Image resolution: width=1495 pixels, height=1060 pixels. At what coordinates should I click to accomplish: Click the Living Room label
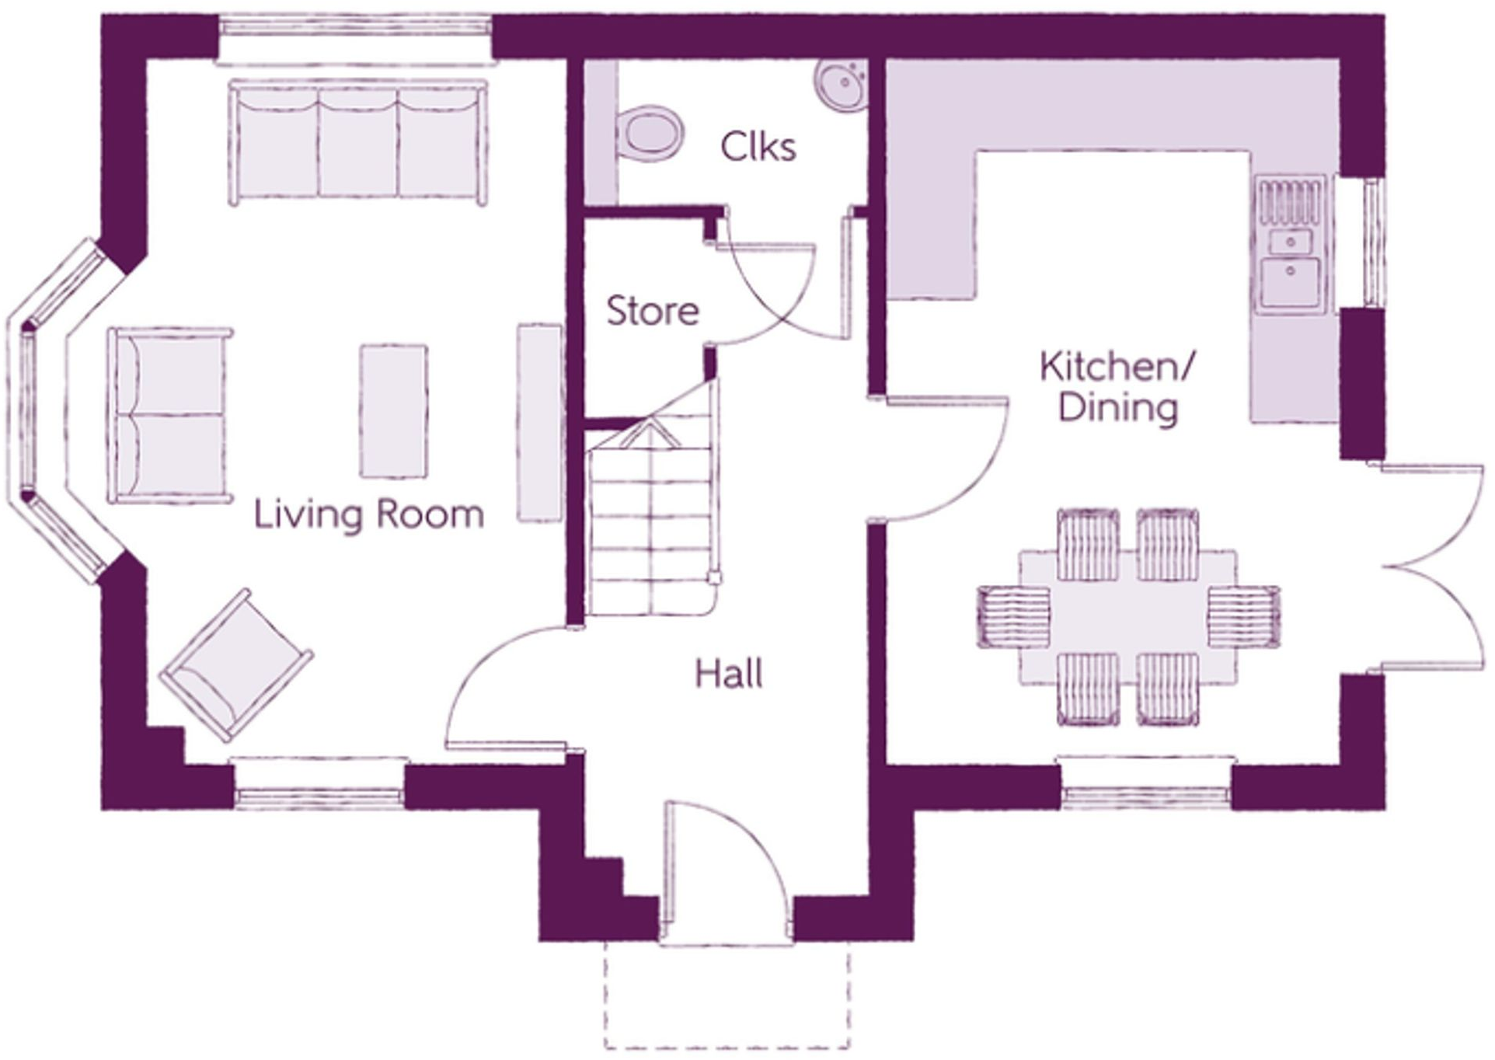coord(369,514)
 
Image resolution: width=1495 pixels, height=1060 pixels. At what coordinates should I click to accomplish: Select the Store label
coord(653,311)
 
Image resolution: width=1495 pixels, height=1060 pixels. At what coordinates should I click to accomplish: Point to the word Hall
coord(729,674)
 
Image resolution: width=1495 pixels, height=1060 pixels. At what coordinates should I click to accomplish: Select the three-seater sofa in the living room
coord(358,141)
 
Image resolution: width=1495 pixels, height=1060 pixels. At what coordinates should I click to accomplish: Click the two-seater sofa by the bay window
coord(170,415)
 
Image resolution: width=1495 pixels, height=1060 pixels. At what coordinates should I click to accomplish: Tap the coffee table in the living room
coord(394,411)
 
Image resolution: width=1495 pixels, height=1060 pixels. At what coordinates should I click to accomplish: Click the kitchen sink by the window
coord(1290,245)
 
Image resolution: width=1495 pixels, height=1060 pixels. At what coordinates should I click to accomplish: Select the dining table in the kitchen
coord(1127,618)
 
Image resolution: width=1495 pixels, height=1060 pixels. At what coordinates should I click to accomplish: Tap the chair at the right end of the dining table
coord(1244,617)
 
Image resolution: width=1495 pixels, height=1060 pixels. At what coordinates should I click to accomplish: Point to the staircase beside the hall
coord(651,513)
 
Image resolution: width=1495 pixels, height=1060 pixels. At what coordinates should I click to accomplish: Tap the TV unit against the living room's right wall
coord(539,423)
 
